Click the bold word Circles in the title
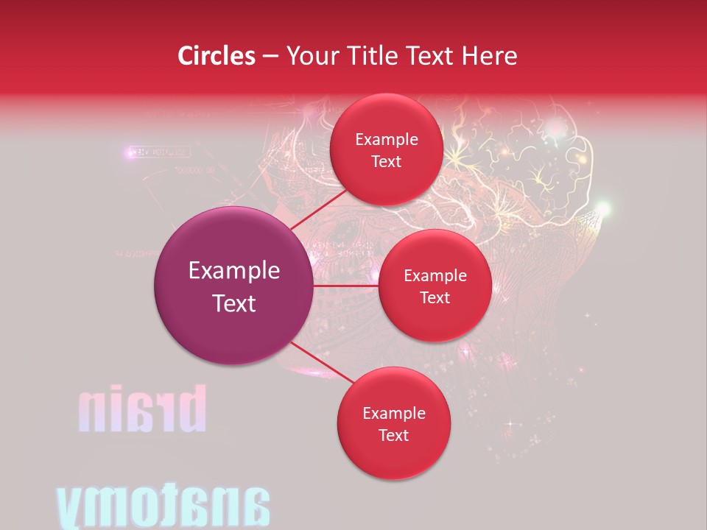point(216,56)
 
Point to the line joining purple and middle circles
point(345,286)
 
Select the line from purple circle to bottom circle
point(322,364)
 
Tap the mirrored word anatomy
point(163,507)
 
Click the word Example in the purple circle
point(234,271)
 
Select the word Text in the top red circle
point(386,162)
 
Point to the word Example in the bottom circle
point(393,414)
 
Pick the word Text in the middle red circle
point(435,297)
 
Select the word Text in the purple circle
point(234,303)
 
